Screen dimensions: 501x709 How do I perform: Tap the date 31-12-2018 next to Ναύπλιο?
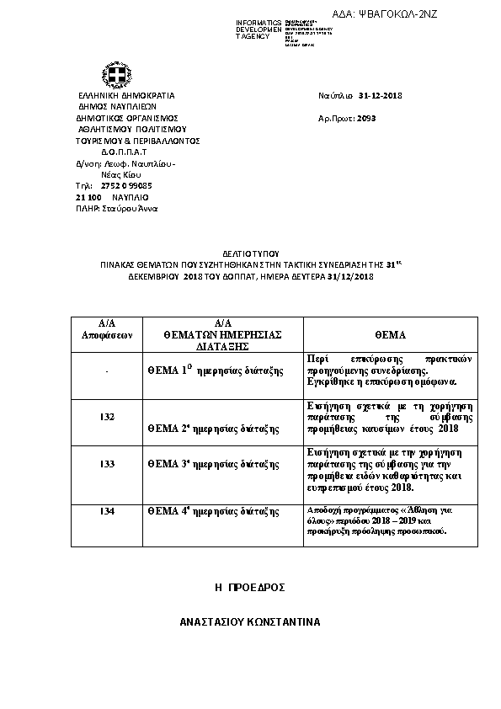tap(381, 95)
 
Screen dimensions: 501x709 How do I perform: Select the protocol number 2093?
tap(366, 119)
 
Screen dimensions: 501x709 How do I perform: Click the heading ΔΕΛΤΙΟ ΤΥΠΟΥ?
tap(250, 253)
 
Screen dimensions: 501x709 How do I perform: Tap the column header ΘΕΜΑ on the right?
tap(390, 333)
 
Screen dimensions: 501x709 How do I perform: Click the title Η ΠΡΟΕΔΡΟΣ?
tap(250, 586)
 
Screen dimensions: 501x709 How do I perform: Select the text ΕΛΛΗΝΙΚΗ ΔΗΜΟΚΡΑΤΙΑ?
tap(125, 96)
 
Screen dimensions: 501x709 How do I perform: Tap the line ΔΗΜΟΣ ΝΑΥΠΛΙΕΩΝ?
tap(118, 107)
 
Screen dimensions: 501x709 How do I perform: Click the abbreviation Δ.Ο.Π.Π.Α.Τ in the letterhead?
tap(125, 152)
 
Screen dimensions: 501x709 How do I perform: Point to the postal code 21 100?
tap(88, 196)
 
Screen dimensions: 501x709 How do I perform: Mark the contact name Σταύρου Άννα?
tap(130, 208)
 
